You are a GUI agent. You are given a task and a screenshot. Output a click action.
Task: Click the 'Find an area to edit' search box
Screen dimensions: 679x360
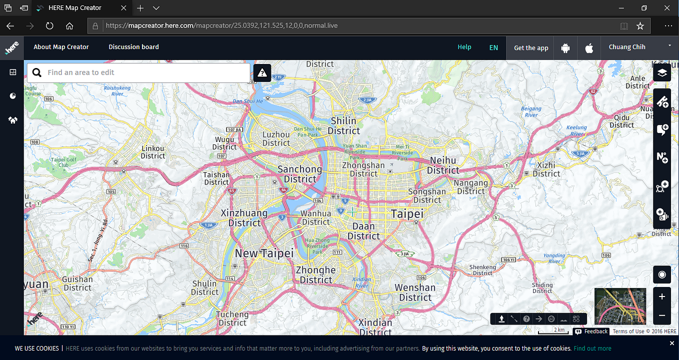[x=145, y=72]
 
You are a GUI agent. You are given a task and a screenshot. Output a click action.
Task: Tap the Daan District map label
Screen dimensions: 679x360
[x=363, y=231]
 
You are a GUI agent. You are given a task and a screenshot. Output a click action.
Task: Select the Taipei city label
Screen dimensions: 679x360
[x=407, y=214]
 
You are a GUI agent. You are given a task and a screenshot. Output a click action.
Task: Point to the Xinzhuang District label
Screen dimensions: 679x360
[x=244, y=217]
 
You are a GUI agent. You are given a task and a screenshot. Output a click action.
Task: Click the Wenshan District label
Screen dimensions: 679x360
[x=415, y=292]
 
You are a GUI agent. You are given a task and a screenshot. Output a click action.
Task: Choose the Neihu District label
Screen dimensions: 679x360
[x=443, y=165]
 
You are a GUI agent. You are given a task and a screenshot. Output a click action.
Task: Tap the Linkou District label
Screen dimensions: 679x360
[x=153, y=152]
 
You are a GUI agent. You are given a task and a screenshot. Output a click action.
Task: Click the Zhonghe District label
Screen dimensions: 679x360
[x=315, y=274]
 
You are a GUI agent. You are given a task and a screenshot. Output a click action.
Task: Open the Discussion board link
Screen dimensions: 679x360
[x=133, y=47]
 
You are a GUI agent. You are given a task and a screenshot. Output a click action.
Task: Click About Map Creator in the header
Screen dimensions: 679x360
[x=61, y=47]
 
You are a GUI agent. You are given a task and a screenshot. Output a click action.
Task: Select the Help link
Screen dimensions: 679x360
[x=464, y=47]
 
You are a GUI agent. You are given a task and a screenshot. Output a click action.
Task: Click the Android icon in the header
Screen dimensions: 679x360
[x=565, y=48]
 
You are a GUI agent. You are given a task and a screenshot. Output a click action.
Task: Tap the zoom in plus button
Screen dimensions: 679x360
[x=662, y=296]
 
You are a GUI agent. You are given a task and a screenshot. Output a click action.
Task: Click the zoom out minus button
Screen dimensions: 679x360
[x=662, y=315]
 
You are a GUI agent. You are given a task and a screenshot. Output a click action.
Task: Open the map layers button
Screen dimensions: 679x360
[x=662, y=72]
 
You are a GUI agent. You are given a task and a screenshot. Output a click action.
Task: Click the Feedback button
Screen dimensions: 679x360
[x=591, y=331]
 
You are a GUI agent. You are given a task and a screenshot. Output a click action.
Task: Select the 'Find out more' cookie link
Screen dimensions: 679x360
[x=592, y=348]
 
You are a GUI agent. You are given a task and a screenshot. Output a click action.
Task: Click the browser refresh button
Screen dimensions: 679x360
[x=49, y=26]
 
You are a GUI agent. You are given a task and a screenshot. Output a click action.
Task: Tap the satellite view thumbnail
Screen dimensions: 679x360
[x=620, y=306]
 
